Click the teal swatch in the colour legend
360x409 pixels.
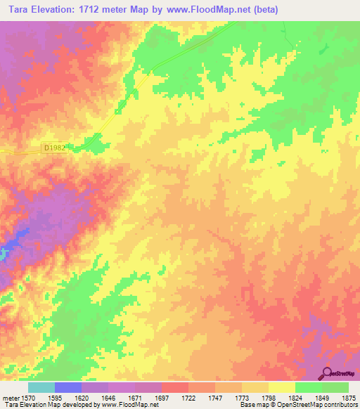point(41,387)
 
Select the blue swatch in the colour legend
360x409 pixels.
point(68,387)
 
